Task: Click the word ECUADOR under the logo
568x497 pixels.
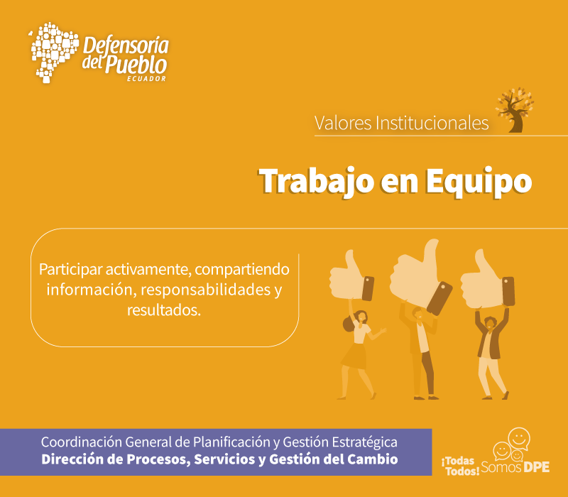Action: [147, 79]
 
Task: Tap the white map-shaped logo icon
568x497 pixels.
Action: [54, 52]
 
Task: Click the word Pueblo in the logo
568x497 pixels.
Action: [136, 65]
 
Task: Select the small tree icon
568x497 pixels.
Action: [515, 110]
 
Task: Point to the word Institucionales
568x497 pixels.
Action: [432, 123]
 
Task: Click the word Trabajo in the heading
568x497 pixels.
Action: [316, 182]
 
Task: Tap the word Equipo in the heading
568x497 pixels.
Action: [479, 182]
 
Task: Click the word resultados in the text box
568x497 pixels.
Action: [164, 310]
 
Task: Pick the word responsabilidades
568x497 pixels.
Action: [206, 290]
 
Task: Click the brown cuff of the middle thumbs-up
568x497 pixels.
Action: [439, 298]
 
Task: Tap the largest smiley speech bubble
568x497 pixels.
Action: [519, 439]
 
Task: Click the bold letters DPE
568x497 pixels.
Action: [536, 466]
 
